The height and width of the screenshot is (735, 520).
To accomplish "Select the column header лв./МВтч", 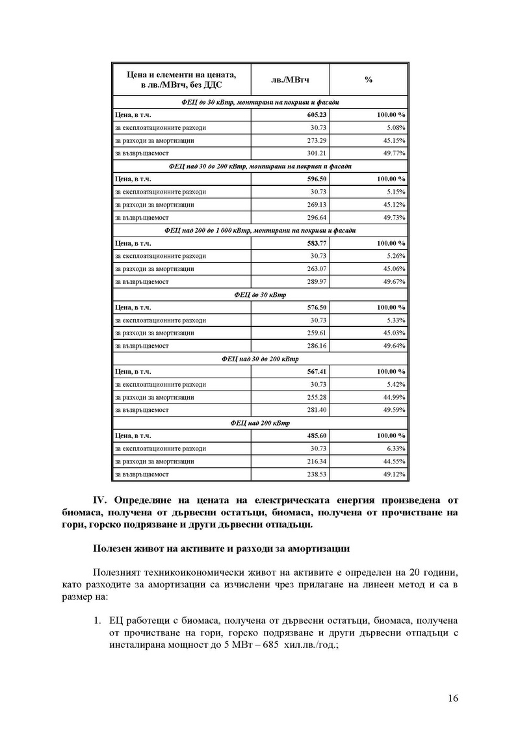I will tap(289, 79).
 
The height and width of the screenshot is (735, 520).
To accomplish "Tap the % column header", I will tap(369, 79).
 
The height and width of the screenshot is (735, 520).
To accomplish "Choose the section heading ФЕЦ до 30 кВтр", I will tap(259, 294).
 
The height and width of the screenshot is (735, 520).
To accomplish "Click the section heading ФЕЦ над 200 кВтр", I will tap(259, 422).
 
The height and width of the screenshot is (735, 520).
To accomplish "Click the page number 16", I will tap(453, 699).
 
